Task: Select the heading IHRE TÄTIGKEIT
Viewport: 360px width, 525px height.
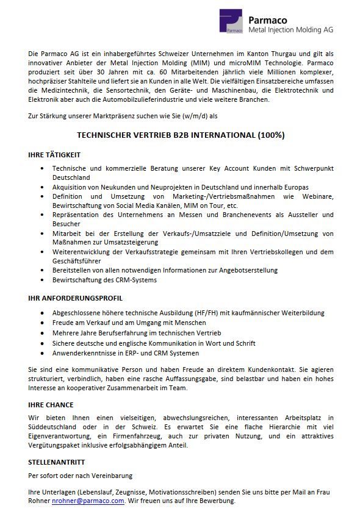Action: (x=54, y=155)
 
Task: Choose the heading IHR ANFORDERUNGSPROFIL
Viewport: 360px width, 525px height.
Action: (x=76, y=298)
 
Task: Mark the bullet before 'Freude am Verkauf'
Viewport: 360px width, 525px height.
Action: (x=41, y=323)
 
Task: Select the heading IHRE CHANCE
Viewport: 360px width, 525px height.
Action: (x=51, y=404)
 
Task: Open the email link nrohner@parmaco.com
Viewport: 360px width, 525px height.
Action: (x=88, y=501)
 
